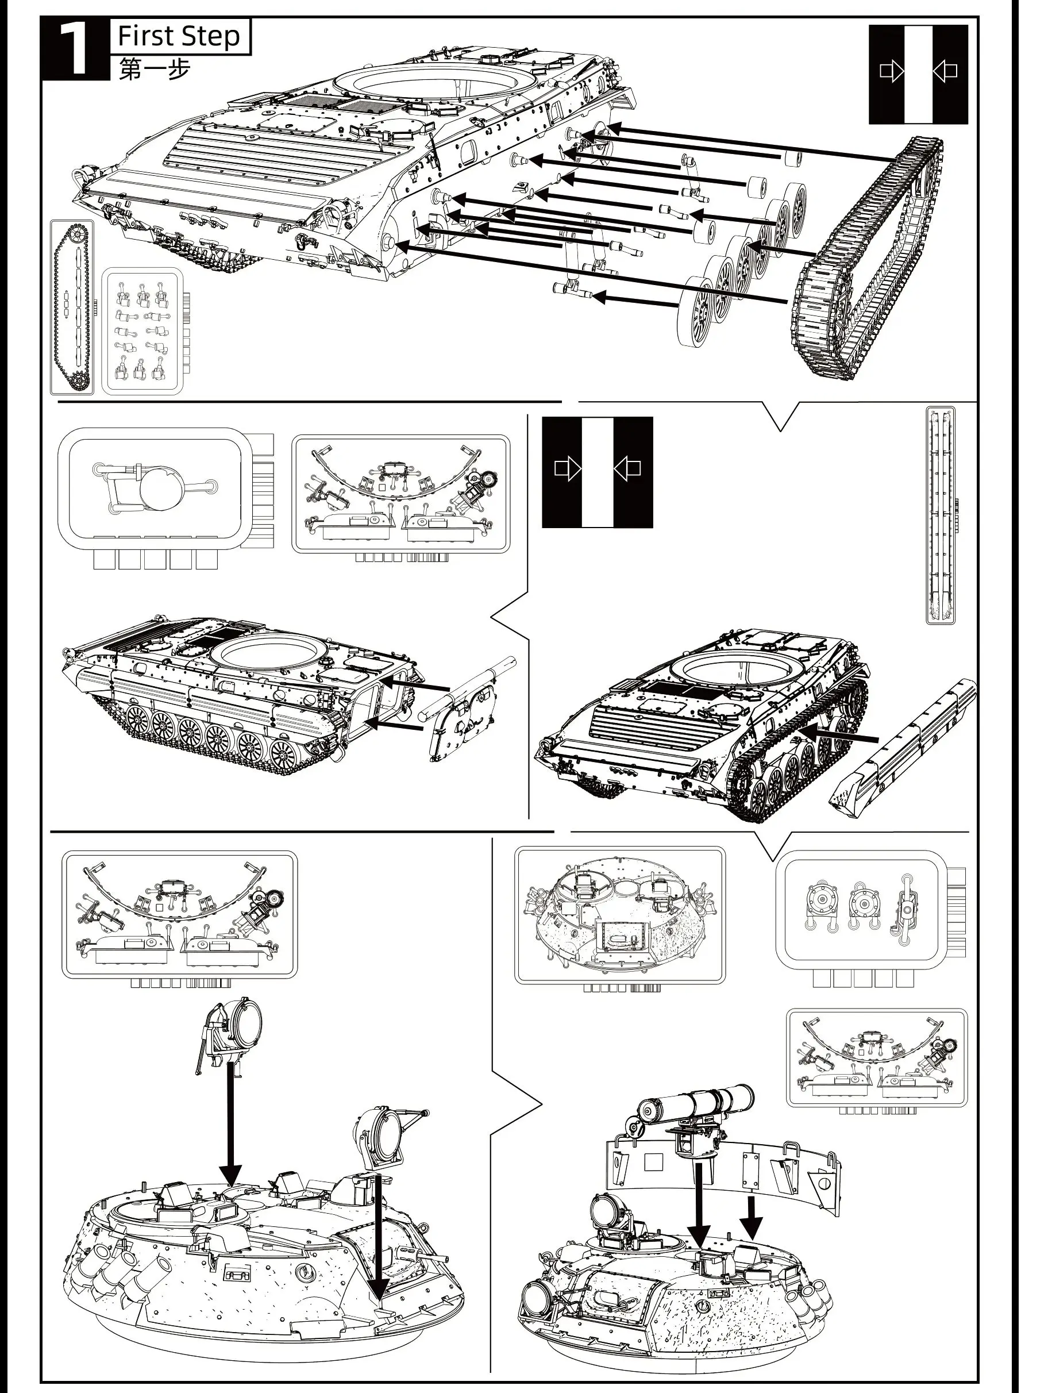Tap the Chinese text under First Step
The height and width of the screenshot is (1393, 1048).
click(x=155, y=70)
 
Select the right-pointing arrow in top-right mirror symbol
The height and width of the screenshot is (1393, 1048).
click(x=891, y=72)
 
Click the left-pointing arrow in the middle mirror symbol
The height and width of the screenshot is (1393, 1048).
click(x=627, y=468)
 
